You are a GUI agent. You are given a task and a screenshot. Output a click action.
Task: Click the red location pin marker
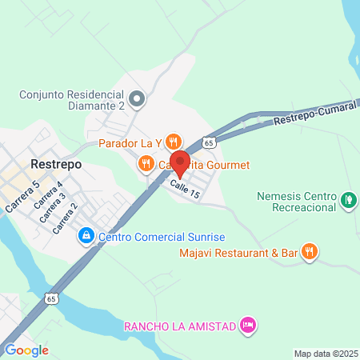(x=179, y=162)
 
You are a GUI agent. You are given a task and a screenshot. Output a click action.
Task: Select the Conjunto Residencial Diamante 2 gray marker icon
(x=138, y=100)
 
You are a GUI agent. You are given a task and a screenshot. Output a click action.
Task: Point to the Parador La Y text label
(x=130, y=143)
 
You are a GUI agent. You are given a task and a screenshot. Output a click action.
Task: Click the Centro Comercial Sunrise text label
(x=162, y=237)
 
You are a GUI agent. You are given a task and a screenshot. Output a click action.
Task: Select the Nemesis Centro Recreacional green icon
(x=348, y=199)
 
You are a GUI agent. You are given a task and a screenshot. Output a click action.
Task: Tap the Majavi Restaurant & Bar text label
(x=238, y=254)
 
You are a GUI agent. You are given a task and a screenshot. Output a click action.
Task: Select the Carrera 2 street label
(x=66, y=218)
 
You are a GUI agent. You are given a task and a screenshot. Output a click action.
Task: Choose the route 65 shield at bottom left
(x=52, y=298)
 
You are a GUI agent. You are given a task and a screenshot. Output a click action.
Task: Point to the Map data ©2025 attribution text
(x=326, y=354)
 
